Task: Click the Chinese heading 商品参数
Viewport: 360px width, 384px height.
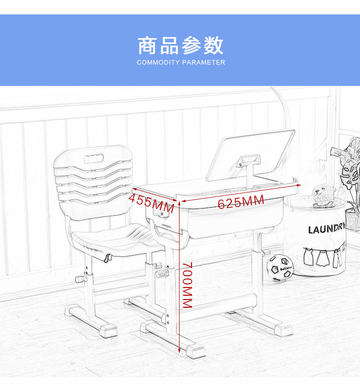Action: click(180, 46)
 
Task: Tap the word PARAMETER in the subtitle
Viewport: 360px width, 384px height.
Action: click(204, 62)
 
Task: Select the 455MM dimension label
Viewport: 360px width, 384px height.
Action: click(152, 203)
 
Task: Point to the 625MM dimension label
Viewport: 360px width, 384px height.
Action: click(241, 202)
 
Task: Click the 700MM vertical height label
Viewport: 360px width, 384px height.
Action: click(188, 285)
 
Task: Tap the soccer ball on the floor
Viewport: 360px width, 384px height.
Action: click(280, 267)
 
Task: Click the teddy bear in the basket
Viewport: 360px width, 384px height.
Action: click(324, 196)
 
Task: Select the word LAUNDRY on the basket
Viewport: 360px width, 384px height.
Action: click(327, 228)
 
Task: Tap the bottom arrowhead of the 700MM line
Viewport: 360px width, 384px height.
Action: click(179, 351)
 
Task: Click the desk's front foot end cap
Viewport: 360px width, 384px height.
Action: click(195, 351)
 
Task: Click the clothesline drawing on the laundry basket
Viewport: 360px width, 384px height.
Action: click(323, 257)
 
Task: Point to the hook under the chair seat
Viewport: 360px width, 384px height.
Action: click(108, 258)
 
